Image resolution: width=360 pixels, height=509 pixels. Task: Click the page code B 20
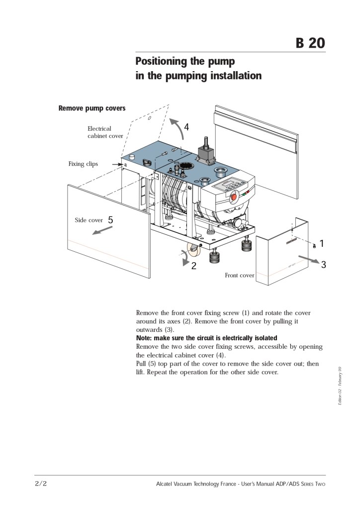click(310, 43)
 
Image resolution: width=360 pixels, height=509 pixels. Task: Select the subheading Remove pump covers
click(92, 108)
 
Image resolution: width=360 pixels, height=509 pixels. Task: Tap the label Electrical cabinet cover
click(105, 132)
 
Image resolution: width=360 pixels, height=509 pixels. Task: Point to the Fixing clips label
click(83, 164)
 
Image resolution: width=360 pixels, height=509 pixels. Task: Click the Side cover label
click(89, 220)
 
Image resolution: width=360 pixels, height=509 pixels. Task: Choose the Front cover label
click(239, 275)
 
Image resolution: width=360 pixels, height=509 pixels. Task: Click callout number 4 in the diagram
click(186, 127)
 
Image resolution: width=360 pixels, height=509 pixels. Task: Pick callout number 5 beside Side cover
click(110, 219)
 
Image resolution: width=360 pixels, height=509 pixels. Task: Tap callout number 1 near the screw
click(322, 243)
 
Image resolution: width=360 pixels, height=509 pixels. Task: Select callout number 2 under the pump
click(194, 266)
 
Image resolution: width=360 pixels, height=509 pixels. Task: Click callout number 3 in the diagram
click(324, 265)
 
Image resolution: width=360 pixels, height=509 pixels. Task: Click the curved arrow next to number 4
click(175, 128)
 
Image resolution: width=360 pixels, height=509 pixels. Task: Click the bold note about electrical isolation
click(206, 338)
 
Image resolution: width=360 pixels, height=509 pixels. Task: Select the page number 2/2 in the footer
click(41, 483)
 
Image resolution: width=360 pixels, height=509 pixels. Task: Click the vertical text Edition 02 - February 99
click(339, 386)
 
